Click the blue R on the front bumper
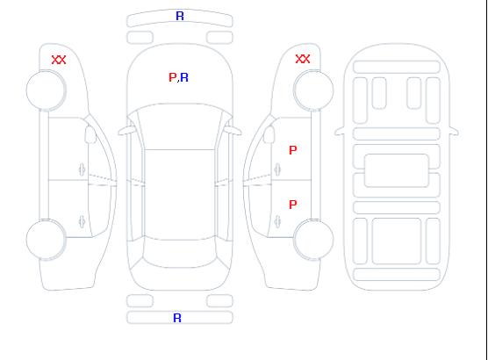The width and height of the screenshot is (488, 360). [x=180, y=16]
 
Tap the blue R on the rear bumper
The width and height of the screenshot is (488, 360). [x=177, y=318]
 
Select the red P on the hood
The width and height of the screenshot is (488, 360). [x=172, y=77]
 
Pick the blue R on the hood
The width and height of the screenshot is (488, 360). [x=184, y=77]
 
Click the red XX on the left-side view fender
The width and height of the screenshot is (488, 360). [x=59, y=60]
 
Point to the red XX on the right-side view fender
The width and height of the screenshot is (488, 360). [x=303, y=59]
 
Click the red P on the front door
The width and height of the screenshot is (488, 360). [x=293, y=150]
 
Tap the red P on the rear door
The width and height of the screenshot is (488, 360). [x=293, y=205]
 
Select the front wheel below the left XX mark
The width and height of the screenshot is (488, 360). [x=46, y=90]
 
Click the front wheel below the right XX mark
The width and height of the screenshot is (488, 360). [x=313, y=90]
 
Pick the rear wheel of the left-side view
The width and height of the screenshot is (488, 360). [x=46, y=240]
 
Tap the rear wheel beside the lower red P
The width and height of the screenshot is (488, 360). [x=313, y=239]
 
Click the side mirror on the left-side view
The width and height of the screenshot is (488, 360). [x=90, y=134]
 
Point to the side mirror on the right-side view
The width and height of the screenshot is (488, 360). [x=269, y=134]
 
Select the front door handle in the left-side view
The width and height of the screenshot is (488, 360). [x=82, y=169]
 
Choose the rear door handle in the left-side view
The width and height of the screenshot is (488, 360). [x=82, y=221]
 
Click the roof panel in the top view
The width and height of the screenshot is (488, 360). [x=180, y=195]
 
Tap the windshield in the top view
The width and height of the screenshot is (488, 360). [x=180, y=126]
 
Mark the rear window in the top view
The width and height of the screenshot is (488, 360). [x=180, y=253]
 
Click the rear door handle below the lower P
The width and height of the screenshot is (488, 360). [x=277, y=221]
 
